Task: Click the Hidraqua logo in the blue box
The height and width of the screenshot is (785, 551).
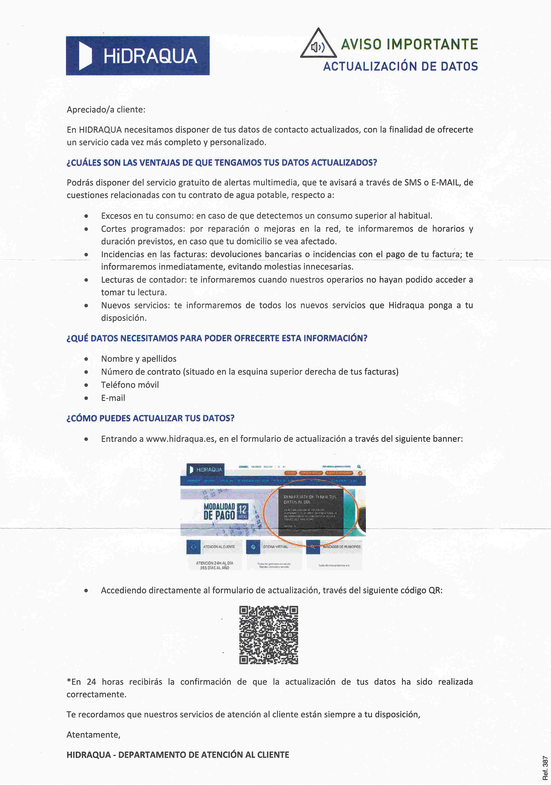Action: (x=138, y=56)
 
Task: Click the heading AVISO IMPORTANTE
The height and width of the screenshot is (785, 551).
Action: (x=409, y=45)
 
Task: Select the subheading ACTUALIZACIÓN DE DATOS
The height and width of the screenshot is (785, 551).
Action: (x=400, y=66)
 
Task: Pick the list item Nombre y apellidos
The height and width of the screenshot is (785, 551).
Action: (x=139, y=359)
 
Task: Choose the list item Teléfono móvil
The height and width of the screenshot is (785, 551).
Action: (x=130, y=385)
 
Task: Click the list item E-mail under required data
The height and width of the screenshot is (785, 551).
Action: (x=113, y=398)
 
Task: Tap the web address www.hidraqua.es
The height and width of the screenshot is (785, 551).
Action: (x=181, y=439)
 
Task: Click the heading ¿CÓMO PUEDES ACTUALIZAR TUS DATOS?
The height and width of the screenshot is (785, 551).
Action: (x=151, y=418)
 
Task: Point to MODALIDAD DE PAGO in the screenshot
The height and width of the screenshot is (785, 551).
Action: (x=219, y=512)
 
